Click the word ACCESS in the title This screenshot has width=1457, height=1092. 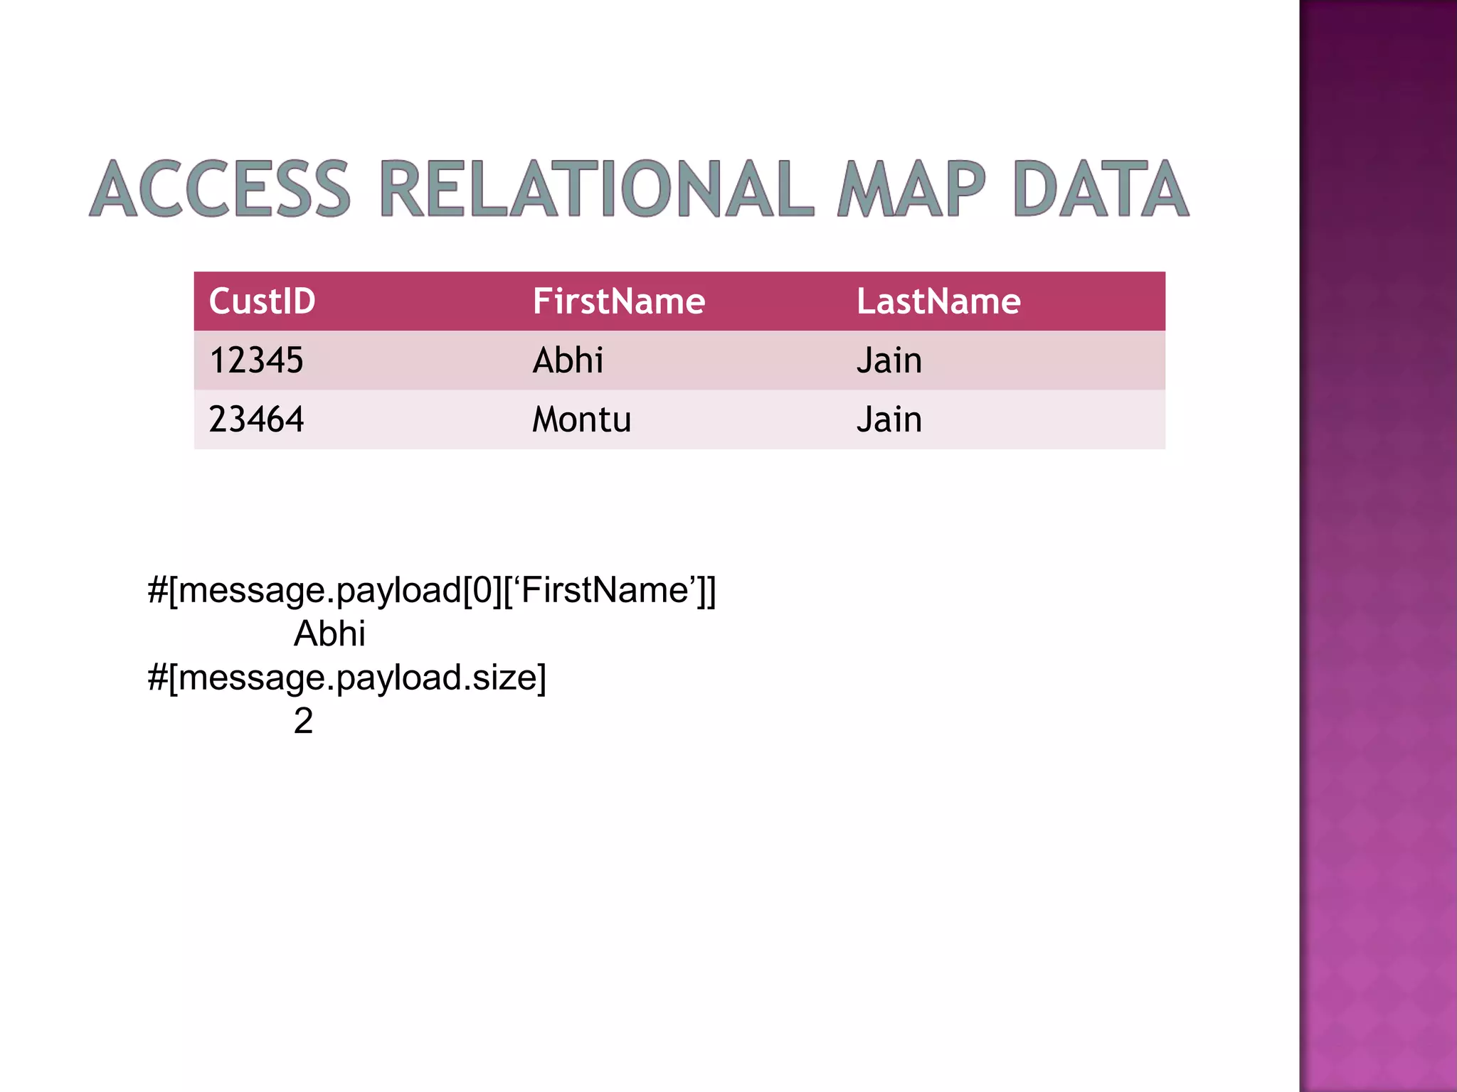click(221, 188)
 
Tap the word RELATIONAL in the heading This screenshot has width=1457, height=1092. click(596, 188)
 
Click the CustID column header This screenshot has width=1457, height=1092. click(262, 301)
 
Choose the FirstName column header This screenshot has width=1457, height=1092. click(618, 301)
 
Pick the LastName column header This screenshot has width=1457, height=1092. click(938, 301)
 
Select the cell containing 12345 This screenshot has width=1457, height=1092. click(256, 360)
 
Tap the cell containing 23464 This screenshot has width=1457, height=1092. click(256, 419)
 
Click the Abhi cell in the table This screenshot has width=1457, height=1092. click(568, 360)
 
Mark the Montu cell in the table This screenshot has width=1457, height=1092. click(581, 419)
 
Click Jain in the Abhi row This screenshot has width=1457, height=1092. click(889, 360)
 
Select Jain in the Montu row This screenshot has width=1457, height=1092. click(889, 419)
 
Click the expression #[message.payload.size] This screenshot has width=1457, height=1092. click(346, 678)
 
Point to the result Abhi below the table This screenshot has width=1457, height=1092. click(329, 633)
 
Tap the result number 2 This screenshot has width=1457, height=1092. click(303, 721)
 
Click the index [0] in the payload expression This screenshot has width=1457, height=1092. click(482, 591)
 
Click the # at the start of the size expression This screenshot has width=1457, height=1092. click(157, 678)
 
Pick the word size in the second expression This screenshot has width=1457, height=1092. click(504, 678)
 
